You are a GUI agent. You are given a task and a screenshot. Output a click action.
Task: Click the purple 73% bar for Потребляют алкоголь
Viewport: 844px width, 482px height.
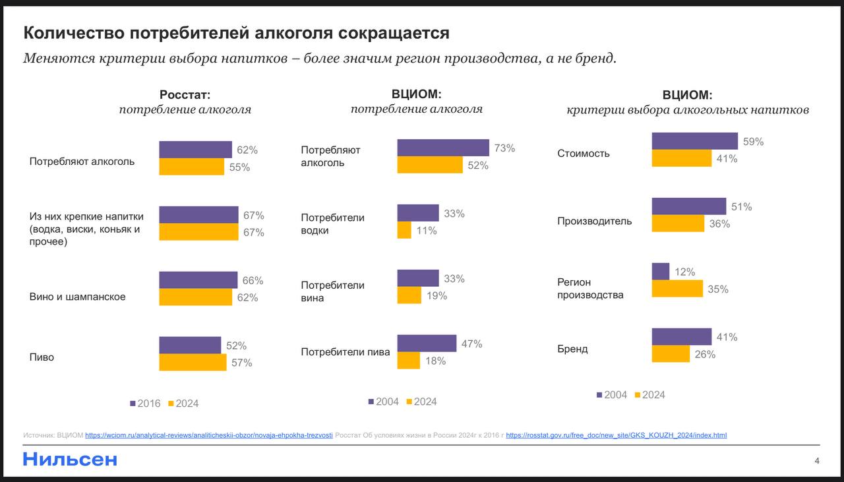point(442,148)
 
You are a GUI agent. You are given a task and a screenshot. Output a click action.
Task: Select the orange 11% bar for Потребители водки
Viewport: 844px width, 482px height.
point(404,230)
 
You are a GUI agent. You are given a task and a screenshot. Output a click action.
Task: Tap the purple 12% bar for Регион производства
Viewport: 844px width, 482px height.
point(661,272)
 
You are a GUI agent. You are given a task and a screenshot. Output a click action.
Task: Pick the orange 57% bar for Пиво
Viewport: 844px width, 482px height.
point(193,362)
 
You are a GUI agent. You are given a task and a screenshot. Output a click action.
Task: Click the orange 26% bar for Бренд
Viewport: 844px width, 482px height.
point(671,354)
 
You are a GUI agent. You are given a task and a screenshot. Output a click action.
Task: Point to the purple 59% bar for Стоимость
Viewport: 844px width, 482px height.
point(694,141)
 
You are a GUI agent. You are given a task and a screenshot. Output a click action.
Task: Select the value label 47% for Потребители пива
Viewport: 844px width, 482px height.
point(471,344)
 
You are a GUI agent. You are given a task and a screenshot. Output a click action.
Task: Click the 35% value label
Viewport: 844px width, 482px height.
point(718,289)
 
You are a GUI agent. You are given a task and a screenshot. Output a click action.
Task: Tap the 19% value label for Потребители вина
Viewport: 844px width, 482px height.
point(437,295)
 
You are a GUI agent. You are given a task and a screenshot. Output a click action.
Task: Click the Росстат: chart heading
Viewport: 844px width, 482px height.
point(185,95)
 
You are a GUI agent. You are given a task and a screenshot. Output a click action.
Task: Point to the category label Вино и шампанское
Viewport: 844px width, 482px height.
point(77,297)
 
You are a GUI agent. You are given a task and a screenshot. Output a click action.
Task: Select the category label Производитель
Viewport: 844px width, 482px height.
point(594,221)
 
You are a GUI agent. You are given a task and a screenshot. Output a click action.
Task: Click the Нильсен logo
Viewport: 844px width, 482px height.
point(70,459)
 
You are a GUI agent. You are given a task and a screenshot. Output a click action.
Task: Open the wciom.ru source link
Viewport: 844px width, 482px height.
point(209,435)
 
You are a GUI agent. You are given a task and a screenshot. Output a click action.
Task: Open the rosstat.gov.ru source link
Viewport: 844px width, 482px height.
point(616,435)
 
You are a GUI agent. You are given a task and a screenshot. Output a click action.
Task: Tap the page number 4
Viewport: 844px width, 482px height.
point(817,460)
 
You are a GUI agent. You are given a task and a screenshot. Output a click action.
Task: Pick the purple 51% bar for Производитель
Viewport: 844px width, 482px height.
point(688,206)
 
